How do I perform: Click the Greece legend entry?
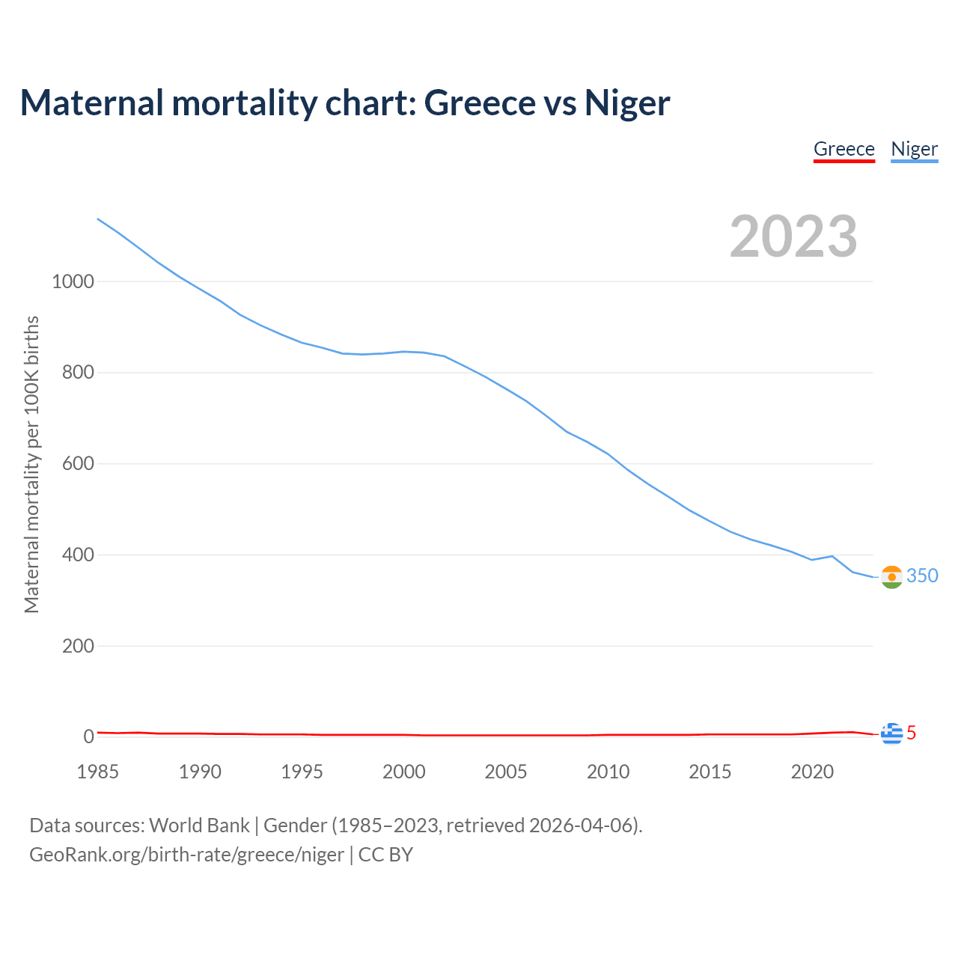tap(843, 149)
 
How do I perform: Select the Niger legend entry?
tap(914, 149)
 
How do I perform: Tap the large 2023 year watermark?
tap(793, 237)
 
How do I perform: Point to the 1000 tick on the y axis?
tap(73, 281)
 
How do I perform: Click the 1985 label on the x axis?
tap(98, 772)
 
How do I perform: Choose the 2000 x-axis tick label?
tap(404, 772)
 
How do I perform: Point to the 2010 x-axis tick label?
tap(608, 772)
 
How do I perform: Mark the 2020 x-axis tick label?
tap(812, 772)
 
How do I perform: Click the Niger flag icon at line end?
tap(891, 577)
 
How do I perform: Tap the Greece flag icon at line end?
tap(891, 734)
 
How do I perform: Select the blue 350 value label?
tap(922, 576)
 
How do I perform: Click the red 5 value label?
tap(912, 733)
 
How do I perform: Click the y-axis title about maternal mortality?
tap(31, 464)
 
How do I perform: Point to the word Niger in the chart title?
tap(627, 103)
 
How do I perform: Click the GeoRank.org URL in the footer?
tap(186, 855)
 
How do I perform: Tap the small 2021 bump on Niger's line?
tap(832, 556)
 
